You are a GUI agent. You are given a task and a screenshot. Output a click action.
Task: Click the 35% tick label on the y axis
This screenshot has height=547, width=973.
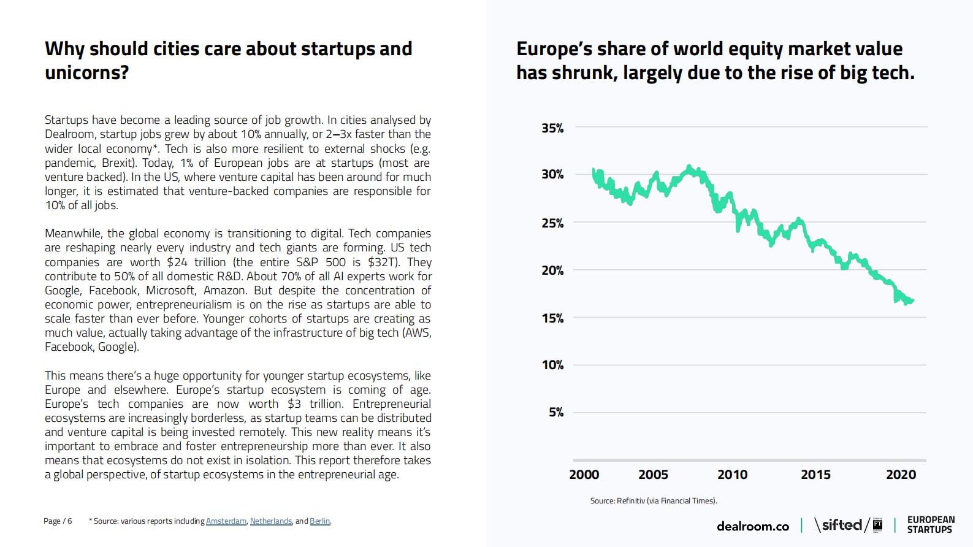552,128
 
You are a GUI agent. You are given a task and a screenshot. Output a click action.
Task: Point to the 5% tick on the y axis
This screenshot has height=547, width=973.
555,412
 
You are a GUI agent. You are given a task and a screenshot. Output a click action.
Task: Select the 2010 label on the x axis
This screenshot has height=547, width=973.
732,475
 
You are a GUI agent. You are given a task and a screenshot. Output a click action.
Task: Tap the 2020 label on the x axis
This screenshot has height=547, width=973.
901,475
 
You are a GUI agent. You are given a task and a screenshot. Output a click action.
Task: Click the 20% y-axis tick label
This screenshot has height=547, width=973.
552,270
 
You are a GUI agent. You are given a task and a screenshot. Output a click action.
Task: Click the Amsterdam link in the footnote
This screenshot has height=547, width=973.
226,521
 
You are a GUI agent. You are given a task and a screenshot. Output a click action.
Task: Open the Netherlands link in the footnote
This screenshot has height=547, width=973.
271,521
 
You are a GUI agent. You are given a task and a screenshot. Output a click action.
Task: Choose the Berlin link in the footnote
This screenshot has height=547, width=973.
319,521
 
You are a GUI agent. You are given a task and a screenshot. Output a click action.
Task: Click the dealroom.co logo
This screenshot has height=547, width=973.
753,526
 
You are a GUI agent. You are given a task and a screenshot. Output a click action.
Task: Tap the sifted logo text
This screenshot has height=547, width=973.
841,525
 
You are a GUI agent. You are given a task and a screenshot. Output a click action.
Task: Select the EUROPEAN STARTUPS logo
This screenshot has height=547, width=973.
931,525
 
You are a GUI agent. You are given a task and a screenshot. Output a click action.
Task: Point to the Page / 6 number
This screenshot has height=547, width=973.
58,521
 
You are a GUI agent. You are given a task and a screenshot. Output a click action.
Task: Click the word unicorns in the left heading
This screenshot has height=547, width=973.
86,73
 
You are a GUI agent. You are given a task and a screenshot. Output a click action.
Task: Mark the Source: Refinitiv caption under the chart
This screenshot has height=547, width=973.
654,501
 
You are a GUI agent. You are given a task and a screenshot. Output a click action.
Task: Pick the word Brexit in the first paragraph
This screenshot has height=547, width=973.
118,163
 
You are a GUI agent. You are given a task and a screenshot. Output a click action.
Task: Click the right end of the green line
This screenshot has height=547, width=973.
913,300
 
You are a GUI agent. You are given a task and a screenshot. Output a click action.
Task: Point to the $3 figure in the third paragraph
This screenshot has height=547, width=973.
294,404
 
